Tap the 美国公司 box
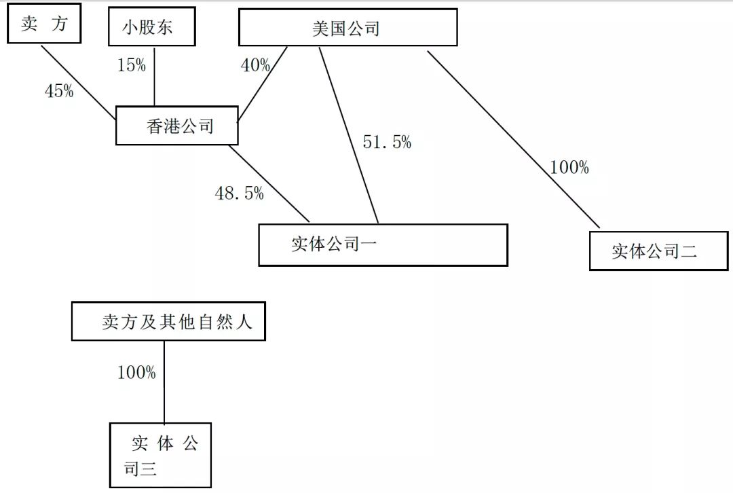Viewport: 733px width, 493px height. click(x=347, y=29)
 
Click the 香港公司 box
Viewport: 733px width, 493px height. click(x=177, y=125)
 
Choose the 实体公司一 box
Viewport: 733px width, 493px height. click(x=383, y=244)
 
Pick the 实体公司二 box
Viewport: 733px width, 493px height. click(x=658, y=251)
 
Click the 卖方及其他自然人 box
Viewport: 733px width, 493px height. click(x=168, y=321)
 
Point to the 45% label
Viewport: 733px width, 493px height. click(x=59, y=91)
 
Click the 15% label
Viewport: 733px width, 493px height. click(x=131, y=65)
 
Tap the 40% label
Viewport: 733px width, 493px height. click(x=255, y=65)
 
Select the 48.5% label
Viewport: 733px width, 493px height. click(x=239, y=193)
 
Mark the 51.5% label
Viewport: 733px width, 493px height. click(x=387, y=142)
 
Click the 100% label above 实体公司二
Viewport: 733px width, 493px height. click(x=569, y=167)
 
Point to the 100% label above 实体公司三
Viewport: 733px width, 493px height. click(x=136, y=372)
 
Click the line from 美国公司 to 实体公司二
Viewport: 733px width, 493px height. click(x=513, y=139)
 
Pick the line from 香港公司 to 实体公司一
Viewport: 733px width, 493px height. click(x=269, y=183)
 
